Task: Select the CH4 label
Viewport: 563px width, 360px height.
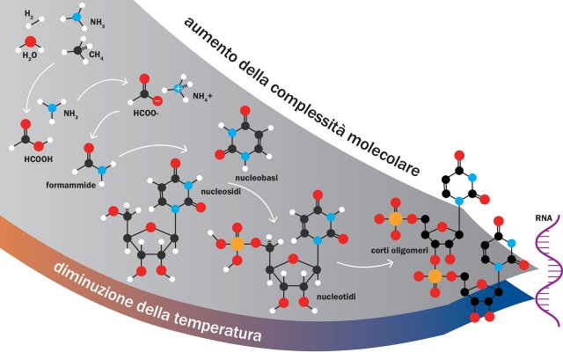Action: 96,55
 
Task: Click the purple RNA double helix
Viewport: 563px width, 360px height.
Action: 547,273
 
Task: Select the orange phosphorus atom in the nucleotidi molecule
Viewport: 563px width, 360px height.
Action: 238,244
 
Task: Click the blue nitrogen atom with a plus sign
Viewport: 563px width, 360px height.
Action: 178,89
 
